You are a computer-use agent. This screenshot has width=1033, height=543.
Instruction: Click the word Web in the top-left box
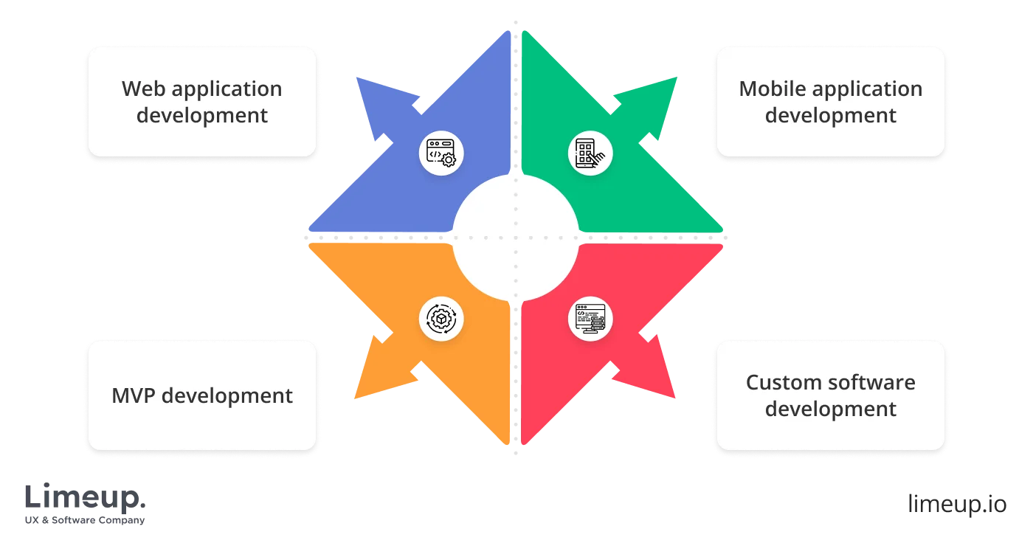click(x=143, y=89)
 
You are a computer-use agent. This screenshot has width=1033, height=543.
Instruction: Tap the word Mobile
click(x=772, y=89)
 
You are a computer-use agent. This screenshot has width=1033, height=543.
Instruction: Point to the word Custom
click(x=781, y=383)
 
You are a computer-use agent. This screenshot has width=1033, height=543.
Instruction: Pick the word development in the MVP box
click(x=227, y=395)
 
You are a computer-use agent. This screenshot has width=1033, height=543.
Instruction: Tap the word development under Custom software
click(x=831, y=409)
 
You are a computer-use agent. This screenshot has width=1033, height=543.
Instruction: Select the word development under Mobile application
click(x=831, y=116)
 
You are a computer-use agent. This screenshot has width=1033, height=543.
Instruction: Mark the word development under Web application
click(x=202, y=116)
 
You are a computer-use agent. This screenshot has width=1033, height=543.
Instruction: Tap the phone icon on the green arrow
click(x=590, y=152)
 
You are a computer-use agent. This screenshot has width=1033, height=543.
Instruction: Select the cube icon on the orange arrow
click(x=441, y=319)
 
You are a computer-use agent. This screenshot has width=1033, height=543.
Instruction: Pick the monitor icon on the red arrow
click(x=590, y=319)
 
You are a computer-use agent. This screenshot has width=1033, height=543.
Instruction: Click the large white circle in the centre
click(x=515, y=238)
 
